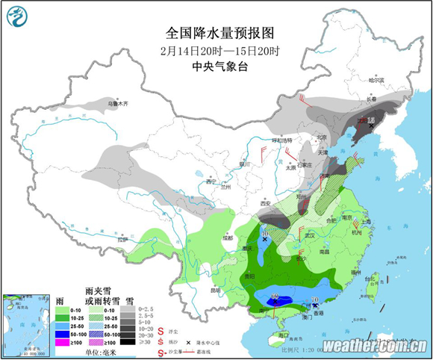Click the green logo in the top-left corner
15,16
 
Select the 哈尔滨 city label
379,80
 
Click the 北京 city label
321,137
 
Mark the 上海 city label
367,222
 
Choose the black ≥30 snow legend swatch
127,341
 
